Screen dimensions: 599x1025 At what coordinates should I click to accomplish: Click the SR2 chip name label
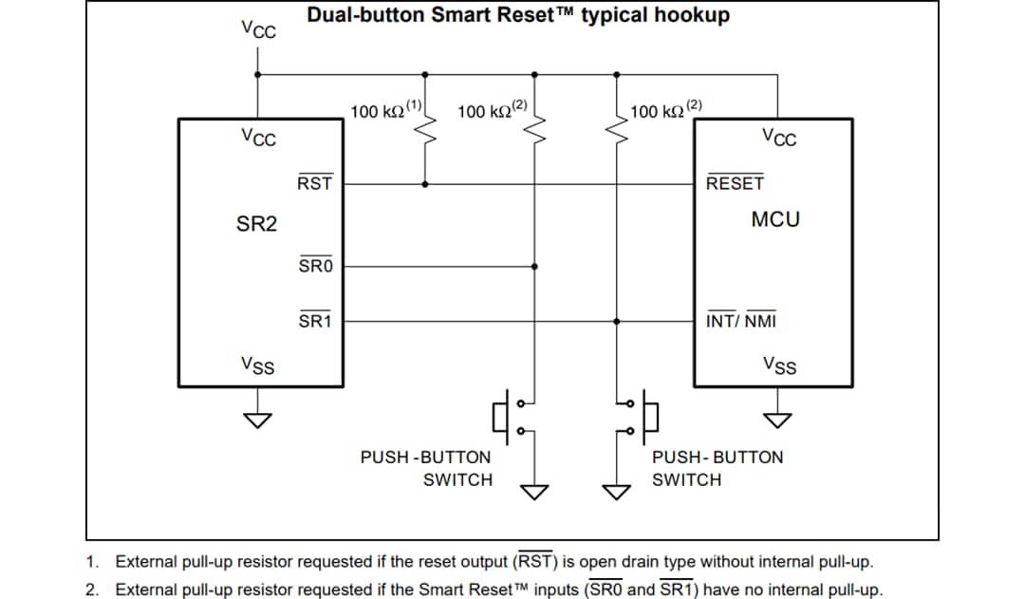click(256, 224)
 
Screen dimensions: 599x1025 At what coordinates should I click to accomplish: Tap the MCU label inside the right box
click(775, 219)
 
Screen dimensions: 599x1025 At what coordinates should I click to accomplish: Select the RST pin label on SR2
click(314, 183)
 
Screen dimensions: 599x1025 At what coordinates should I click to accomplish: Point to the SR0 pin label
click(315, 266)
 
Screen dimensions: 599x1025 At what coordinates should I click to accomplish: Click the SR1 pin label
click(315, 321)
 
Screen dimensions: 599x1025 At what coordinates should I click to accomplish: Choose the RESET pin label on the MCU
click(735, 183)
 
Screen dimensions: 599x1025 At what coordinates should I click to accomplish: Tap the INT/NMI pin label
click(741, 321)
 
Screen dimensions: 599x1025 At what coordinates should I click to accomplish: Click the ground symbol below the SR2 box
click(258, 419)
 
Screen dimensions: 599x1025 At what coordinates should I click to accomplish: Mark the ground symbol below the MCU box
click(778, 419)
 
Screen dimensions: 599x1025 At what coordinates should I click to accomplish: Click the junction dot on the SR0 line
click(534, 267)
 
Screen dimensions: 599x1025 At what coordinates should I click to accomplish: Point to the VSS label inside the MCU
click(779, 365)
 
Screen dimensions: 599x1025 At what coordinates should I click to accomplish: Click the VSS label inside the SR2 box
click(257, 365)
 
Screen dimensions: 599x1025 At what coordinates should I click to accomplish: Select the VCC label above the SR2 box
click(257, 29)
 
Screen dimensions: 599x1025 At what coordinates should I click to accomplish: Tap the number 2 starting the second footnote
click(91, 590)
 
